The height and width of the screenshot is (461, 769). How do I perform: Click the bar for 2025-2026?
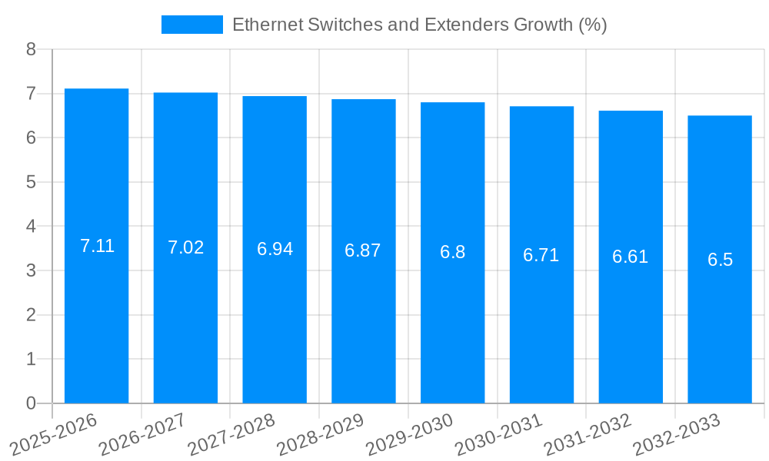[x=96, y=246]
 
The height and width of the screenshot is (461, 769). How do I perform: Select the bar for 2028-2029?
[x=363, y=251]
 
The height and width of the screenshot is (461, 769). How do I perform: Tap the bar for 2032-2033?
[x=719, y=260]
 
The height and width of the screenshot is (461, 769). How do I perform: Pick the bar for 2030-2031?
[x=541, y=255]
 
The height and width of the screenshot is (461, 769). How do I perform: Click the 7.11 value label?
[x=97, y=246]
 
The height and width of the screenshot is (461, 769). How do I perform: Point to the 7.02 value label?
[x=185, y=247]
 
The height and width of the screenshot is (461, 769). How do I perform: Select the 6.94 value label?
[x=275, y=249]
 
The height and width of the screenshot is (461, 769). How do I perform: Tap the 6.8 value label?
[x=452, y=252]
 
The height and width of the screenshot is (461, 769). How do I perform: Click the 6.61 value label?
[x=630, y=257]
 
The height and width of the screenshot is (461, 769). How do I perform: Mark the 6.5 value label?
[x=720, y=260]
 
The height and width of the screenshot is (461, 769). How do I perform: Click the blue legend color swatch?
[x=191, y=25]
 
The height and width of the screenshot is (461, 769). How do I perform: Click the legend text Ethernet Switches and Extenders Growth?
[x=419, y=25]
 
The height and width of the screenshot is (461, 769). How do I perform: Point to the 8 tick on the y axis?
[x=31, y=49]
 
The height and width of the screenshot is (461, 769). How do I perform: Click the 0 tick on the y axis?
[x=31, y=403]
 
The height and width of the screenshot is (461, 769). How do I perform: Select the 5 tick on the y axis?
[x=31, y=182]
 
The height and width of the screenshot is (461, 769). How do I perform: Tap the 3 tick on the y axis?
[x=31, y=270]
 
